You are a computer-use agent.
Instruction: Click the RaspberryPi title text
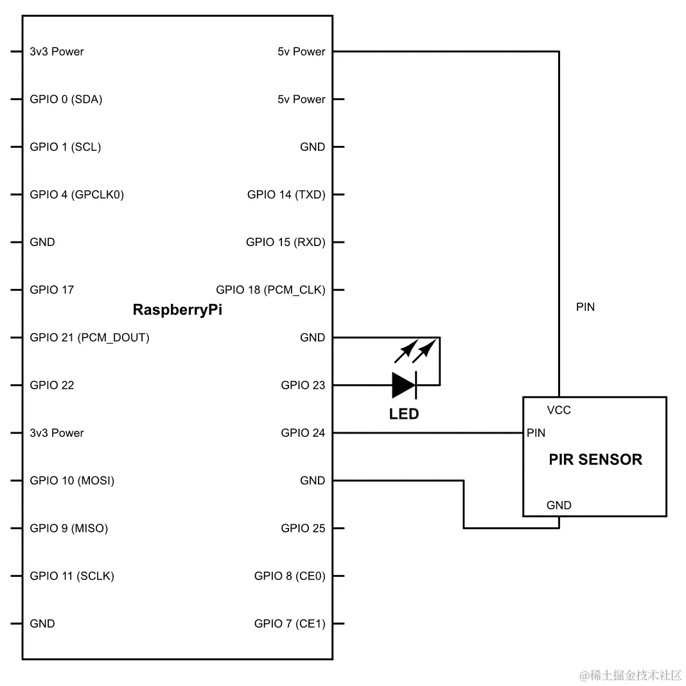click(x=177, y=310)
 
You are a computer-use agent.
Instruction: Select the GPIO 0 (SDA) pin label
click(x=66, y=99)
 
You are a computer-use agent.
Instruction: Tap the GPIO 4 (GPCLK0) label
click(x=76, y=195)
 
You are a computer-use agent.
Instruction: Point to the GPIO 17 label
click(x=51, y=290)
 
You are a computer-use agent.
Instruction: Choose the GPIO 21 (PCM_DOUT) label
click(x=89, y=337)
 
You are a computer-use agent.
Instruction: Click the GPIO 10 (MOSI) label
click(x=72, y=480)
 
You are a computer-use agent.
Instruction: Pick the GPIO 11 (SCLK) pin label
click(x=71, y=576)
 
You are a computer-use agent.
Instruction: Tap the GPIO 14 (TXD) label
click(x=286, y=195)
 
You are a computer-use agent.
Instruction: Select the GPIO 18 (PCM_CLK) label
click(x=270, y=290)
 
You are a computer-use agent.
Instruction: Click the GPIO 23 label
click(x=303, y=385)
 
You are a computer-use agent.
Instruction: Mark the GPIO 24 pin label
click(x=303, y=433)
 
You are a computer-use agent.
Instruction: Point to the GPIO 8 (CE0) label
click(x=289, y=576)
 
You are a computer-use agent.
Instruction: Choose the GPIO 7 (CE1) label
click(x=289, y=624)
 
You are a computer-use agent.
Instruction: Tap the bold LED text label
click(x=403, y=414)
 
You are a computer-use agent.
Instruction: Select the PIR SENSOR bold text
click(x=595, y=459)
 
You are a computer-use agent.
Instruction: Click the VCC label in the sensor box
click(x=558, y=410)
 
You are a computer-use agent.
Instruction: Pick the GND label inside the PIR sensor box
click(x=558, y=506)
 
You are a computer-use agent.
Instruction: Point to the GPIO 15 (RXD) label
click(x=285, y=242)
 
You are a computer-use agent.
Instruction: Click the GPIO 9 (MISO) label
click(x=69, y=529)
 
